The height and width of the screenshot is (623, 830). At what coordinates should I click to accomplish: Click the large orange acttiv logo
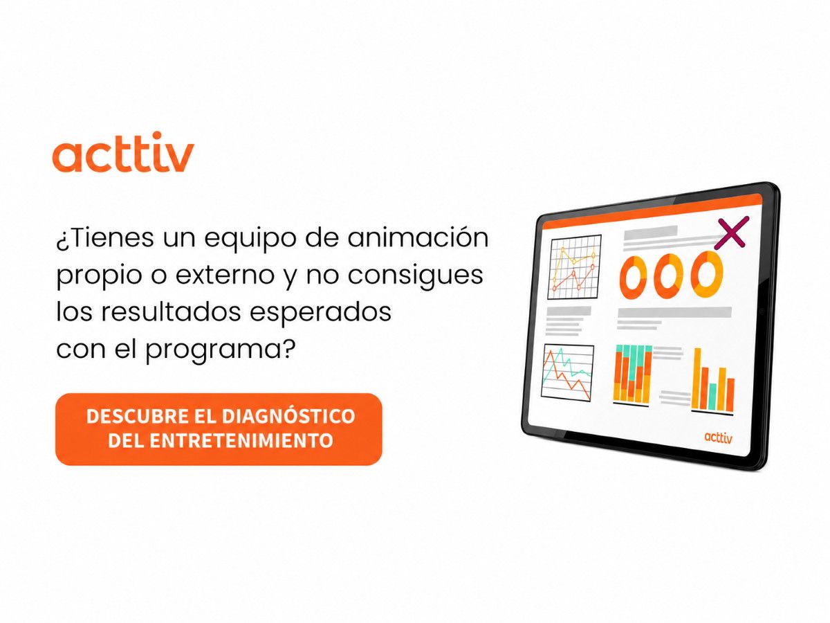click(x=123, y=152)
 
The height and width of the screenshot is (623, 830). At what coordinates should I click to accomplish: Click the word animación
click(x=418, y=237)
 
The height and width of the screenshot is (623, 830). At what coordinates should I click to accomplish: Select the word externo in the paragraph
click(x=225, y=275)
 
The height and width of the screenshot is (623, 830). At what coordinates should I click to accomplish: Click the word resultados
click(x=171, y=311)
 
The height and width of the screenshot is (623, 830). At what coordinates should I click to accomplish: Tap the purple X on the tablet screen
click(x=731, y=233)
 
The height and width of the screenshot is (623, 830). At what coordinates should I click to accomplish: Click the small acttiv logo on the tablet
click(x=718, y=437)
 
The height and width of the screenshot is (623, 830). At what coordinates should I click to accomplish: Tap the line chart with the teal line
click(x=566, y=372)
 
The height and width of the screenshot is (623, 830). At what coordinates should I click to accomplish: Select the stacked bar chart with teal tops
click(x=633, y=373)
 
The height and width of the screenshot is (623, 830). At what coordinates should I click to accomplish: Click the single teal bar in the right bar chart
click(x=713, y=397)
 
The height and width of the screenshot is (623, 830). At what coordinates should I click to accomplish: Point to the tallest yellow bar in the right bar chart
click(x=697, y=378)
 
